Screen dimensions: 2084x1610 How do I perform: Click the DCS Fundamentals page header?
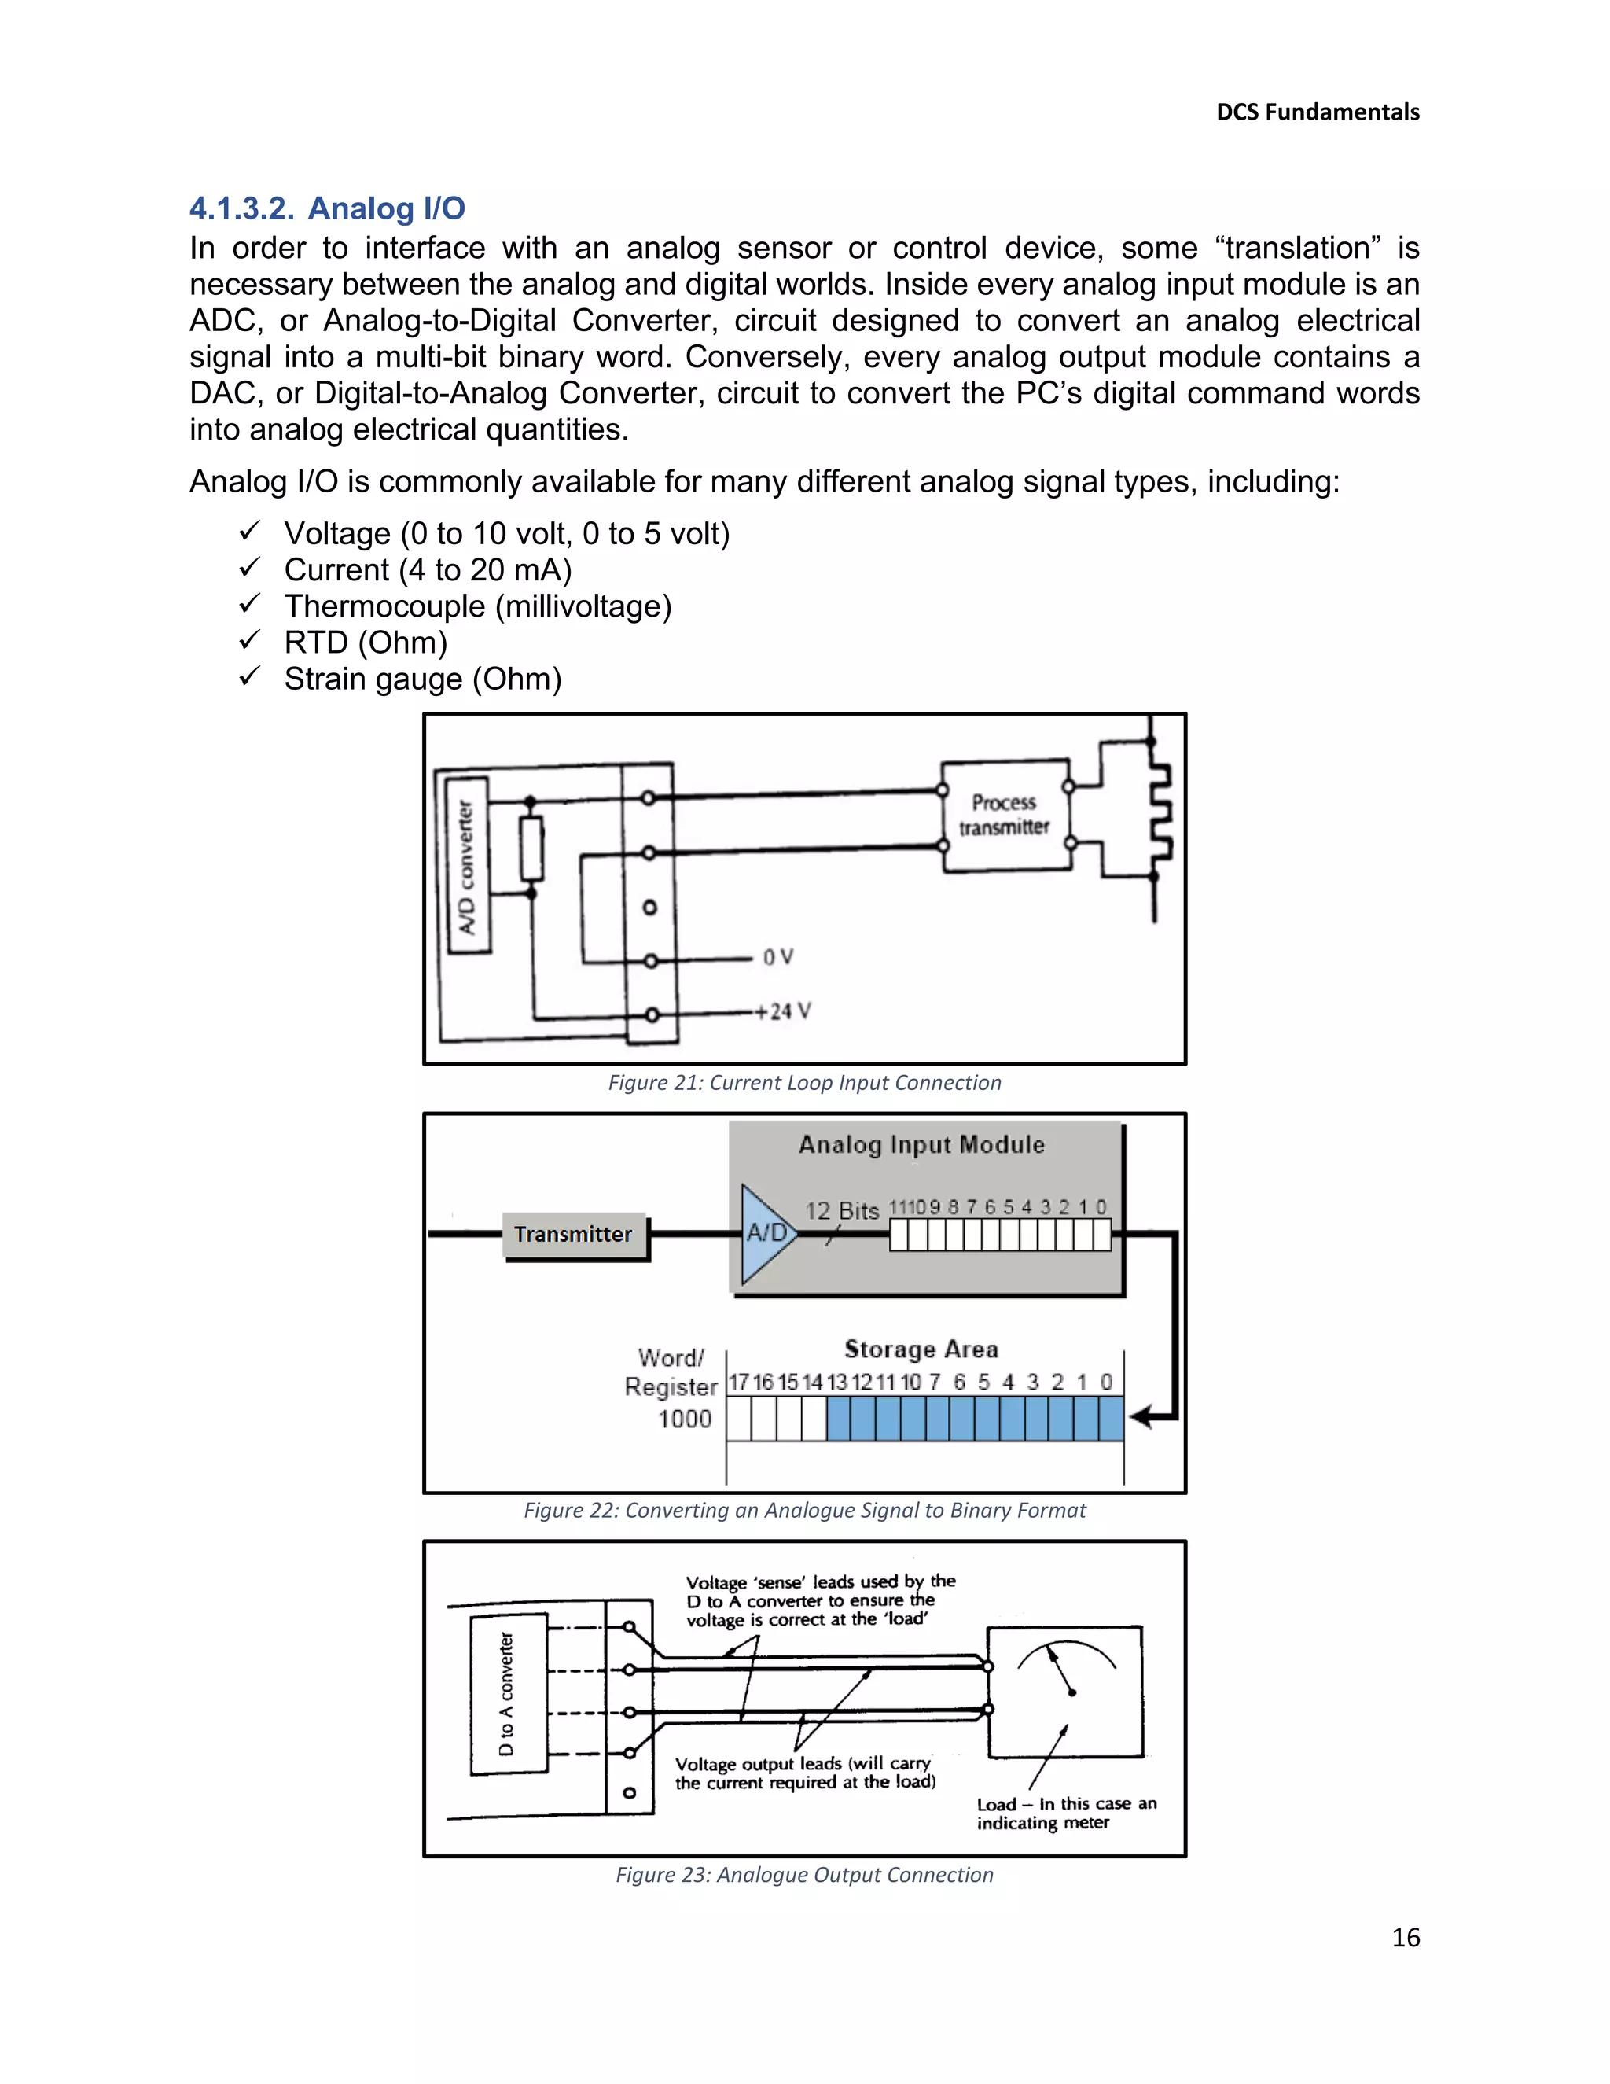point(1318,112)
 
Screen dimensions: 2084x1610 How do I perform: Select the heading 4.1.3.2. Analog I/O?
point(327,208)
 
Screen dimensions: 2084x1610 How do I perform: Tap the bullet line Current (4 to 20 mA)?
point(428,569)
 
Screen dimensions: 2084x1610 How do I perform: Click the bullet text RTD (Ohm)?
point(366,643)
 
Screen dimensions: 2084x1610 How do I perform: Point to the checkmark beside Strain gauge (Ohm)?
point(249,676)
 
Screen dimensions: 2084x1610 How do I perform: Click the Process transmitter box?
point(1005,815)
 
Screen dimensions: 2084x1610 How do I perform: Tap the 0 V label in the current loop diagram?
point(777,957)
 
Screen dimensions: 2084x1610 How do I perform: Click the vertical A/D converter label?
point(465,867)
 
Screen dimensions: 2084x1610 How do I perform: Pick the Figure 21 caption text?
point(804,1083)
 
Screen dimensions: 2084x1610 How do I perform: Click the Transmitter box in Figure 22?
point(573,1235)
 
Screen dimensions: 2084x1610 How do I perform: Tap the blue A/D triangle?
point(764,1233)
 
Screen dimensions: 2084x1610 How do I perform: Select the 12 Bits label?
point(841,1211)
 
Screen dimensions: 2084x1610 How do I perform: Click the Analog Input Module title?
point(921,1145)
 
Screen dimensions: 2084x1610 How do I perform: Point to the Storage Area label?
point(921,1349)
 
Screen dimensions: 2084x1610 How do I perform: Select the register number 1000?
point(685,1419)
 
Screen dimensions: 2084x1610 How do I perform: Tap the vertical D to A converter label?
point(506,1694)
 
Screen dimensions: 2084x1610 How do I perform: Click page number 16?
point(1405,1937)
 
